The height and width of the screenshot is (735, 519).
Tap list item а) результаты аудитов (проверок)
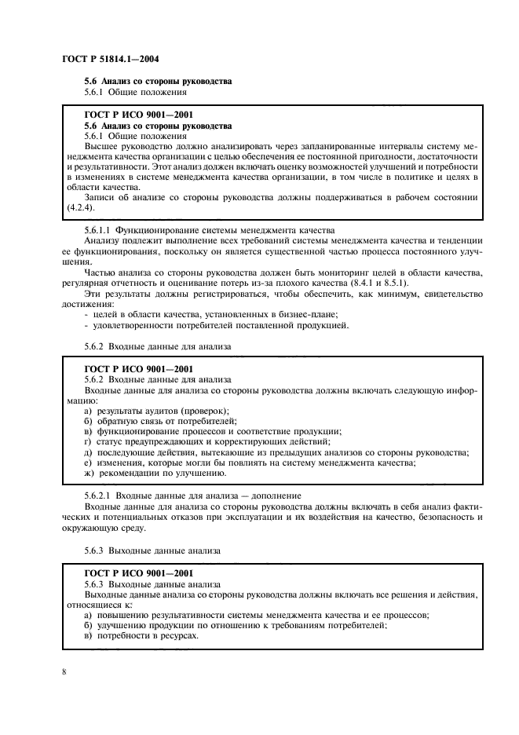click(x=156, y=411)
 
